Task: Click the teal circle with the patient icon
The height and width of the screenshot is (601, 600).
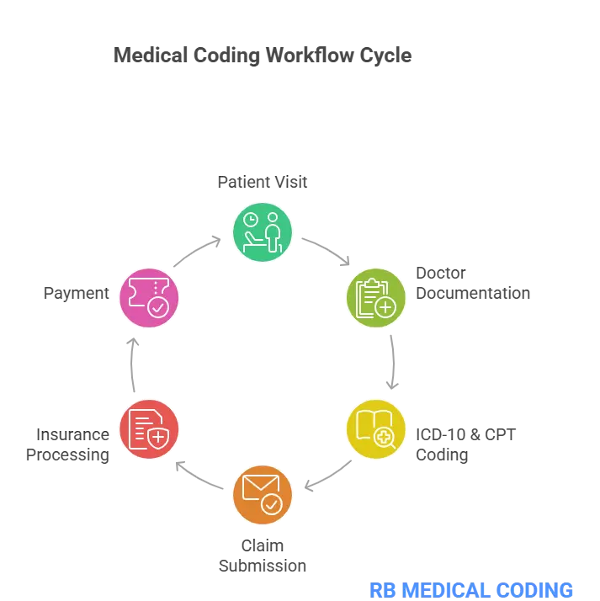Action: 263,231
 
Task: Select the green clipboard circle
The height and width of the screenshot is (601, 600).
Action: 376,297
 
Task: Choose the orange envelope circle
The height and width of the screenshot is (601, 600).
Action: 263,495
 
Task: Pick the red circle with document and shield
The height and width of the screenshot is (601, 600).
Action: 149,428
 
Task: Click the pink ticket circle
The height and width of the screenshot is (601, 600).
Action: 149,296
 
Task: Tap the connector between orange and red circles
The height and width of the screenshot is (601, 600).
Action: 202,476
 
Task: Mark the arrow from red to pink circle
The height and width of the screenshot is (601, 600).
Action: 131,365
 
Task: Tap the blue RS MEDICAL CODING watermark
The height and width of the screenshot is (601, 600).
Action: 472,588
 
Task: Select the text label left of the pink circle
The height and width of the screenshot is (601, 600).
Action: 76,294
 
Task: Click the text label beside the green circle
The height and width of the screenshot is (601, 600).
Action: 469,285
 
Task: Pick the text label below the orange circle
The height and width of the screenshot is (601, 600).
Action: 262,556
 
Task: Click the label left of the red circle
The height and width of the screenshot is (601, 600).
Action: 67,444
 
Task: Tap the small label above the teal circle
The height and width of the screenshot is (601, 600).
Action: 262,182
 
